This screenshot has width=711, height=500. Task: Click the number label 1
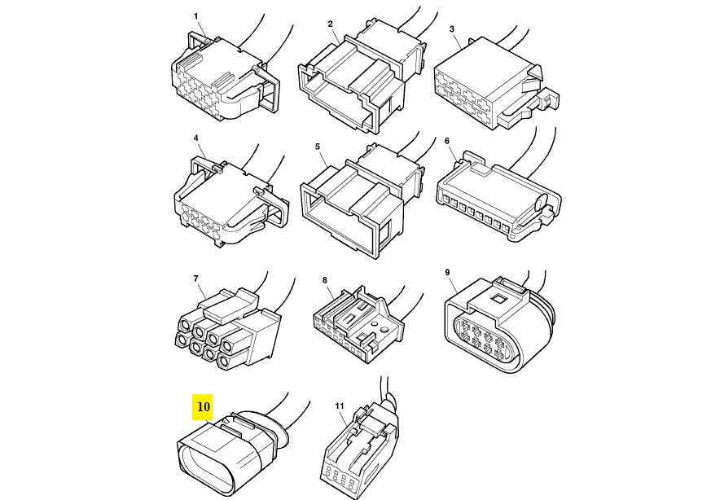(x=196, y=16)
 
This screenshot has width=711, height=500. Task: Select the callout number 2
(x=330, y=24)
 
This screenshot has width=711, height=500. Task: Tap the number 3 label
(x=452, y=29)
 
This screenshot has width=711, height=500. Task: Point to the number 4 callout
(x=196, y=138)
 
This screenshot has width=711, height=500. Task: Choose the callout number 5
(x=318, y=147)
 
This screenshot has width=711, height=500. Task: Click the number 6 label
(x=447, y=141)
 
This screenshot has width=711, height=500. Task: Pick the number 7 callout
(x=196, y=279)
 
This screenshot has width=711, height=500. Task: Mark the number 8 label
(x=325, y=280)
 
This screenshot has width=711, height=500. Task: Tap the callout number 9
(x=447, y=273)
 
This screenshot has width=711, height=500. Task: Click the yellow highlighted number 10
(x=204, y=406)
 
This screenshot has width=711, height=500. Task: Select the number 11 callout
(x=340, y=406)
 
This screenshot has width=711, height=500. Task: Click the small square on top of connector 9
(x=498, y=298)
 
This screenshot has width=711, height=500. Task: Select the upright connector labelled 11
(x=361, y=445)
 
